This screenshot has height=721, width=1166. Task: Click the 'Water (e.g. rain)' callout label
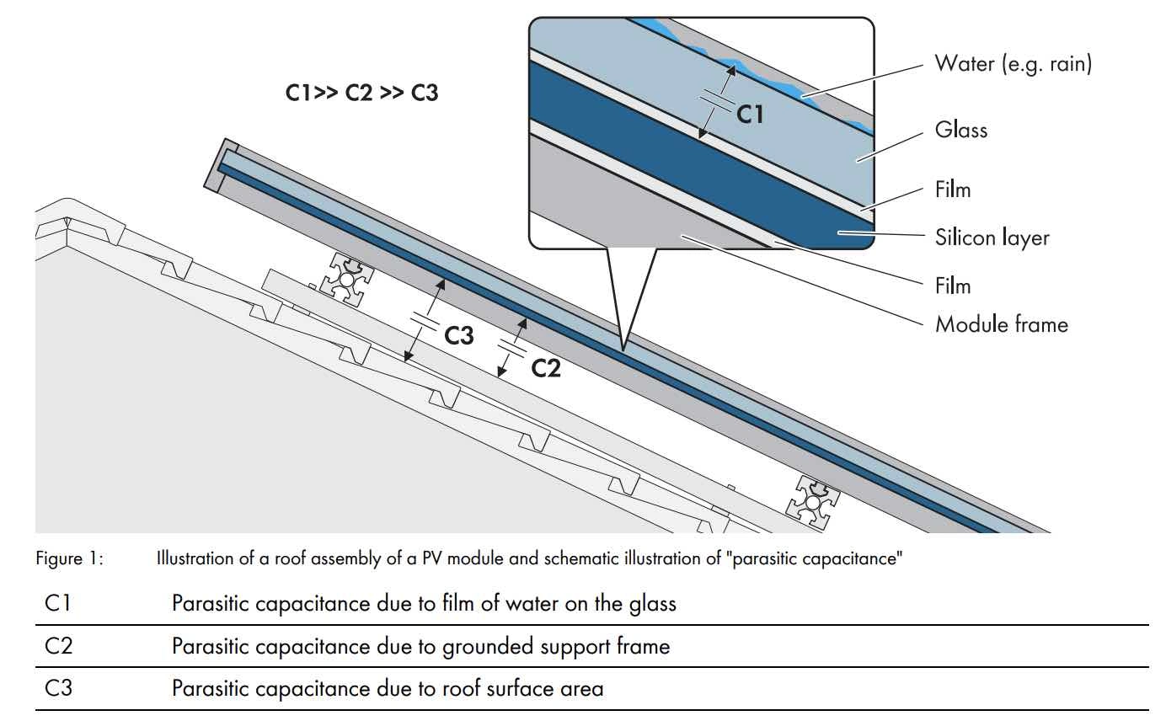[1013, 64]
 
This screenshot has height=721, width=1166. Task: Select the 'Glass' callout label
[960, 131]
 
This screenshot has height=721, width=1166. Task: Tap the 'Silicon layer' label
[992, 238]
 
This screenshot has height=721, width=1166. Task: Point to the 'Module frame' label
[1001, 324]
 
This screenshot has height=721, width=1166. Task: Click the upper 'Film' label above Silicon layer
[953, 190]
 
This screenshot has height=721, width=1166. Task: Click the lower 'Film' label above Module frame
[953, 286]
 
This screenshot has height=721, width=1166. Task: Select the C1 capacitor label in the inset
[749, 114]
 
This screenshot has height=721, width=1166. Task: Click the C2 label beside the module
[546, 367]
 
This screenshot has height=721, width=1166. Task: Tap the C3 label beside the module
[458, 336]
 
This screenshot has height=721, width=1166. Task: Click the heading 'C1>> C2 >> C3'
[361, 93]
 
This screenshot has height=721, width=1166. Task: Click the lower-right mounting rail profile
[812, 503]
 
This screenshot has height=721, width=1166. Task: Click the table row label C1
[59, 603]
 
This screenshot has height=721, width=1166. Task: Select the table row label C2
[59, 646]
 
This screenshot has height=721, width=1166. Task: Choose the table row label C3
[59, 689]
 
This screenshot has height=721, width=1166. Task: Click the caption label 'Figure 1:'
[69, 558]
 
